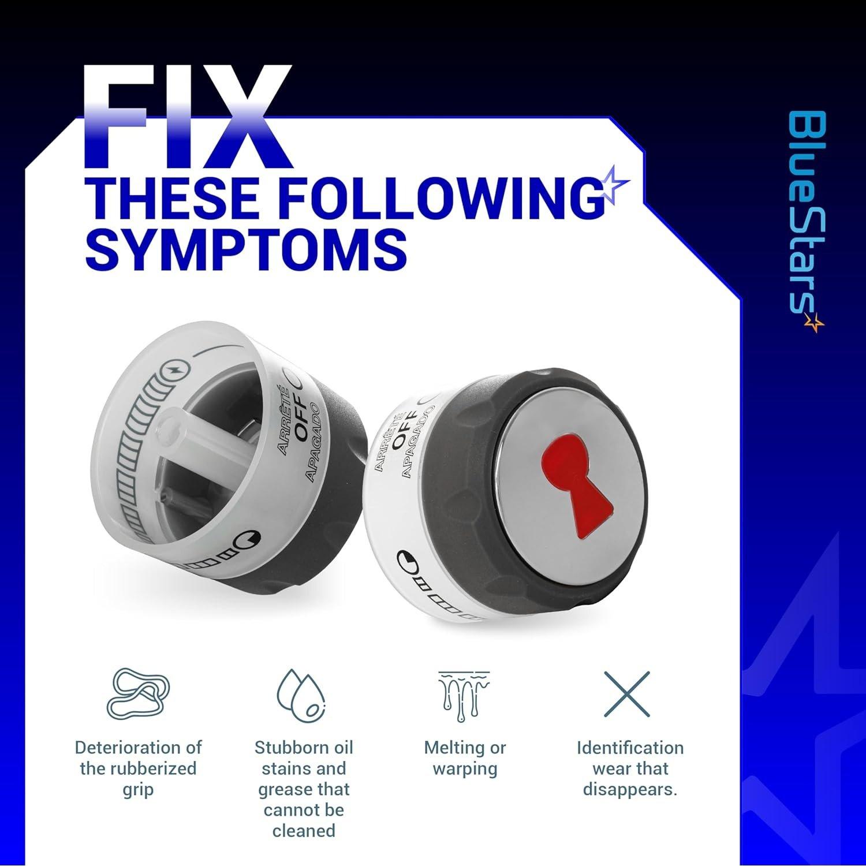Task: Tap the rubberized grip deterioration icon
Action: point(138,695)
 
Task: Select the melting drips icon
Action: point(464,695)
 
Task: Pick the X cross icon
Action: point(627,693)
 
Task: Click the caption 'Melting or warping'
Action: point(465,758)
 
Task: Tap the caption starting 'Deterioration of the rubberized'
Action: point(138,768)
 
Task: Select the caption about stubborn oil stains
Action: point(304,789)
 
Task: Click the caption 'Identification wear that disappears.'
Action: point(630,768)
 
